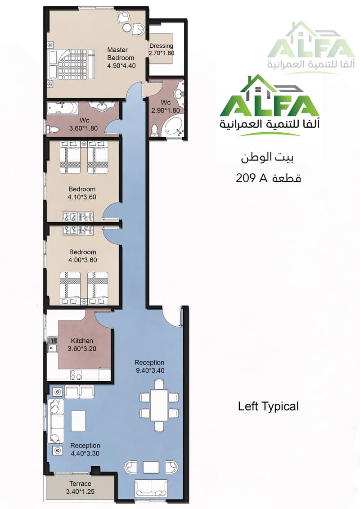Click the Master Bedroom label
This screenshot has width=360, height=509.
tap(121, 54)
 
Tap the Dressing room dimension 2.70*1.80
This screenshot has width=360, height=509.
tap(162, 53)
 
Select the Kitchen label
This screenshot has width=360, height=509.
tap(82, 341)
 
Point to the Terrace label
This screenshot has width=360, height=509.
tap(80, 484)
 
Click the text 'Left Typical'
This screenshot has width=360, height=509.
tap(268, 406)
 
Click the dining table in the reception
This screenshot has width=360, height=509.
tap(159, 405)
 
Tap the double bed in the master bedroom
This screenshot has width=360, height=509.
tap(72, 64)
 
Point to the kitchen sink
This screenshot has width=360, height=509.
tap(52, 344)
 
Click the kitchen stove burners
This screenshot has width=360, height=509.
tap(75, 374)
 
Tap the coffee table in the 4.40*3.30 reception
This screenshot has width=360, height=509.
tap(78, 421)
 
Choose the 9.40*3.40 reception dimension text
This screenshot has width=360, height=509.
tap(150, 370)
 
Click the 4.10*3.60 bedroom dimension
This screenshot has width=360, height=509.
tap(82, 197)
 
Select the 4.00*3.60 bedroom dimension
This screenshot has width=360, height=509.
tap(83, 260)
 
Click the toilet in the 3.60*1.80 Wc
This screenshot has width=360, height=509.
tap(53, 130)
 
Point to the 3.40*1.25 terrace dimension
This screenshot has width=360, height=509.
tap(80, 492)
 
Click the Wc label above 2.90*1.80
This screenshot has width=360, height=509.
tap(166, 103)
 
